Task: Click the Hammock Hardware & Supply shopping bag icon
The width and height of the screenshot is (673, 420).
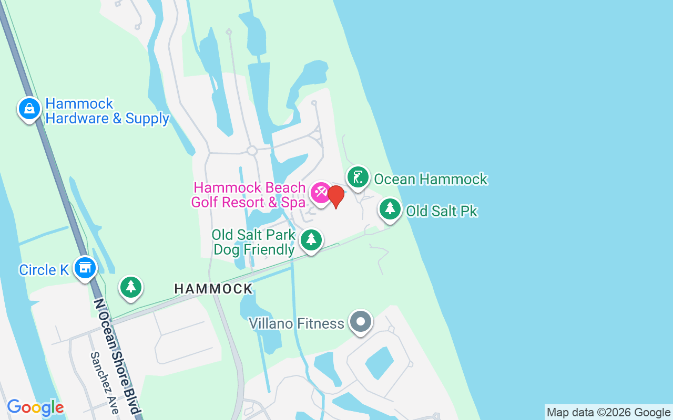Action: coord(29,109)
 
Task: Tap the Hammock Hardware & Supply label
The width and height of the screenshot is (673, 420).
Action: coord(107,111)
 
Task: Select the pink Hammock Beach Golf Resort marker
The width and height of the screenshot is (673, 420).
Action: coord(320,193)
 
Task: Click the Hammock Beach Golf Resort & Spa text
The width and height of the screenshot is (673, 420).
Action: coord(249,195)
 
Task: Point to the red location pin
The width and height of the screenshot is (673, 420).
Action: coord(336,196)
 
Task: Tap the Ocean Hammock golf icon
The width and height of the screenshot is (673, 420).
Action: coord(358,177)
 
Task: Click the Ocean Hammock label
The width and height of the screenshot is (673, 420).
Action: coord(431,180)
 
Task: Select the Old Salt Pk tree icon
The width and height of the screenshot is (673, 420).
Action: coord(390,209)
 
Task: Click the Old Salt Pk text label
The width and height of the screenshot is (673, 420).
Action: coord(442,211)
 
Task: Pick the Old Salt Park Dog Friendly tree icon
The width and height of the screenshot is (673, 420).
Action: coord(311,240)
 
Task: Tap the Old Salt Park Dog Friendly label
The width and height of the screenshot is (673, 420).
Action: coord(253,241)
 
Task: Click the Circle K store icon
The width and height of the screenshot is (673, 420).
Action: coord(84,268)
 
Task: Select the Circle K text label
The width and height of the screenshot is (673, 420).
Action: coord(44,270)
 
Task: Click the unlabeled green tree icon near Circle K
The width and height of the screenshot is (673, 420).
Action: coord(131,287)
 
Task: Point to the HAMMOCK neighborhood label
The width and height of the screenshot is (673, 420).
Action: coord(213,289)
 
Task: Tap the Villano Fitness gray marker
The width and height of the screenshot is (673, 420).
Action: coord(360,321)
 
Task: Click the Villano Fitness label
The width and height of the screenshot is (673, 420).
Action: coord(297,323)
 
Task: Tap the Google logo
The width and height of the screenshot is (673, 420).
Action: coord(35,407)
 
